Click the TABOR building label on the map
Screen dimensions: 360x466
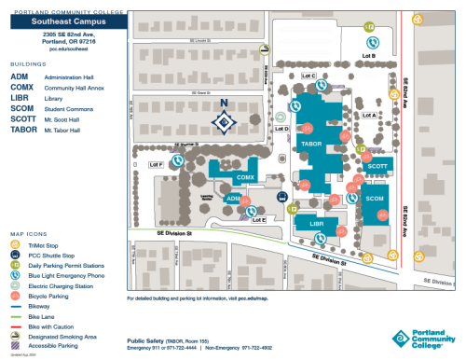tap(312, 145)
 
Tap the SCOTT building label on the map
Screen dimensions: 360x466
tap(377, 166)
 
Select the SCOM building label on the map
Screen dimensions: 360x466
tap(375, 199)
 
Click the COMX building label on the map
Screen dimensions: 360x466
tap(245, 177)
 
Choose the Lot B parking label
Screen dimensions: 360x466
tap(368, 56)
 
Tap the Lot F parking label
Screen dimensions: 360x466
tap(156, 164)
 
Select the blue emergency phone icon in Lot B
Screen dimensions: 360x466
tap(373, 41)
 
